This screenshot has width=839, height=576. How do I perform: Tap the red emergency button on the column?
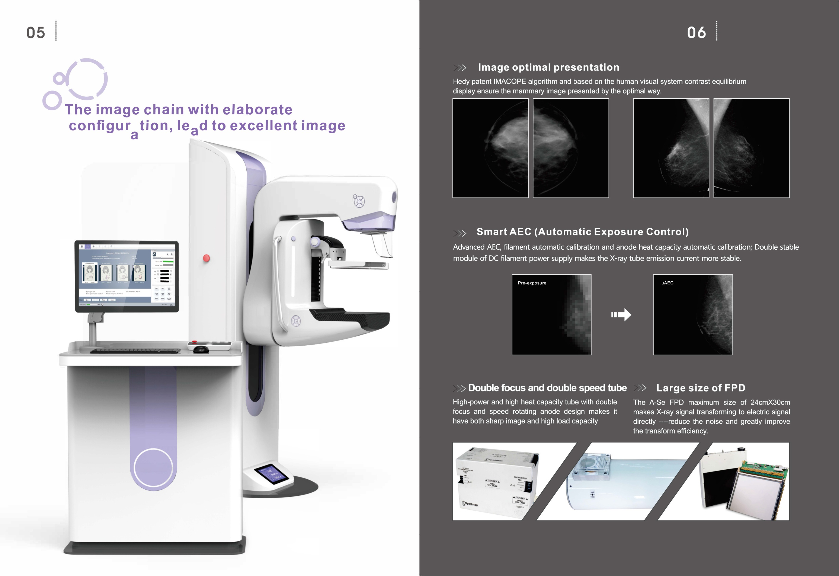[206, 258]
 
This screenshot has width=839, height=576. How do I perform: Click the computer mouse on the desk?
[201, 349]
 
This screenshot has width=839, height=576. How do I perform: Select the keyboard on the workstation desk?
[135, 351]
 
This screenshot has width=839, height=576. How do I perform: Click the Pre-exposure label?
[532, 283]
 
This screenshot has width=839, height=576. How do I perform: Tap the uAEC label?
[667, 283]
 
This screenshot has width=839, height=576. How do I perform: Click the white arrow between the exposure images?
[621, 315]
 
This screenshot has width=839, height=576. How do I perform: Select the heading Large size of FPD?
[701, 388]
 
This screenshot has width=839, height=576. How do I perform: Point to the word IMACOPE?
[509, 81]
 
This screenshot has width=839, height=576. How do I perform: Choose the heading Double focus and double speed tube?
[547, 388]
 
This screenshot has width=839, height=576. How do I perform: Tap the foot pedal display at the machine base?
[271, 473]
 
